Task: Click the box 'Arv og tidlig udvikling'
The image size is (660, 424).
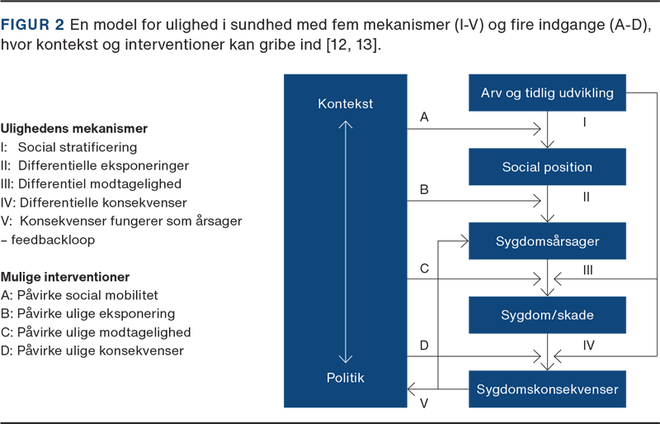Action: click(x=547, y=93)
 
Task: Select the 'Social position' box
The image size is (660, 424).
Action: click(x=547, y=167)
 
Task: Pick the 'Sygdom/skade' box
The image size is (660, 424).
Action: click(x=547, y=315)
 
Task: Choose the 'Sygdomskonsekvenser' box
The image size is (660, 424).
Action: click(x=547, y=387)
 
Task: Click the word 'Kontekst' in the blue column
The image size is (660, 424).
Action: click(x=345, y=104)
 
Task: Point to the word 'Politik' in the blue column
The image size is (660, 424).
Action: click(x=345, y=378)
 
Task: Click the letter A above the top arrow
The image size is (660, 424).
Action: click(x=424, y=117)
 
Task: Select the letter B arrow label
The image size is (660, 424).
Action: click(x=424, y=190)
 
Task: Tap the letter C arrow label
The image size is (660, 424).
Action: click(x=424, y=268)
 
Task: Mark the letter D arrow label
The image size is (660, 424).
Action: click(x=424, y=345)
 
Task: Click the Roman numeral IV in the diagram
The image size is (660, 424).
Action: click(x=589, y=345)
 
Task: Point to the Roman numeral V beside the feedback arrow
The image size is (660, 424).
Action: click(x=423, y=403)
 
